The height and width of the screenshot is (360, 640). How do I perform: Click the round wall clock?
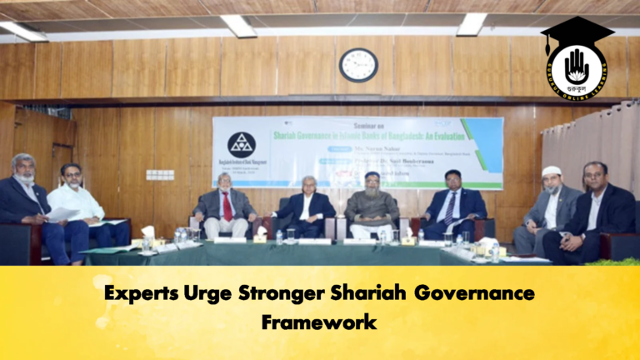[x=358, y=64]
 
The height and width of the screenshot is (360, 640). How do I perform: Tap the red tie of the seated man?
[x=227, y=205]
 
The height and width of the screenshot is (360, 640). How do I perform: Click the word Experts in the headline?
[x=145, y=294]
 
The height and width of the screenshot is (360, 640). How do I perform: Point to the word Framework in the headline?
[x=319, y=321]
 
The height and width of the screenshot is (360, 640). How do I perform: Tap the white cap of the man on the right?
[x=552, y=171]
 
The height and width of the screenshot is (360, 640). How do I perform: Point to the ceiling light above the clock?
[x=237, y=25]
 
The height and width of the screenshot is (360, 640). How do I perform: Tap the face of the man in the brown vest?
[x=372, y=183]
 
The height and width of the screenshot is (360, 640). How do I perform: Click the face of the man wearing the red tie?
[x=226, y=182]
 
